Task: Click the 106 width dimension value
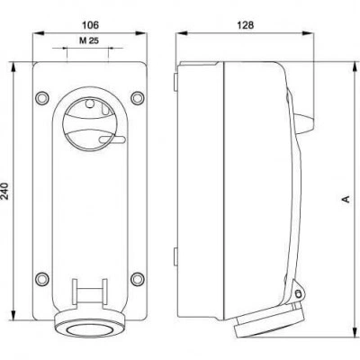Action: pyautogui.click(x=90, y=25)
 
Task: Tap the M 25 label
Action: pyautogui.click(x=89, y=40)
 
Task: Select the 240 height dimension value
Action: pyautogui.click(x=5, y=191)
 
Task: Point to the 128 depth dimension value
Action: pyautogui.click(x=246, y=25)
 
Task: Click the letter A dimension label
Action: pyautogui.click(x=346, y=199)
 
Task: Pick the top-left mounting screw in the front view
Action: pyautogui.click(x=42, y=98)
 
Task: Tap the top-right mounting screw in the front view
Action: pyautogui.click(x=138, y=98)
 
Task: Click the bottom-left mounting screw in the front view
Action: pyautogui.click(x=42, y=278)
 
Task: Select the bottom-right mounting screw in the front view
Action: pyautogui.click(x=138, y=278)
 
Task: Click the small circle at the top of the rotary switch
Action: pyautogui.click(x=90, y=103)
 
